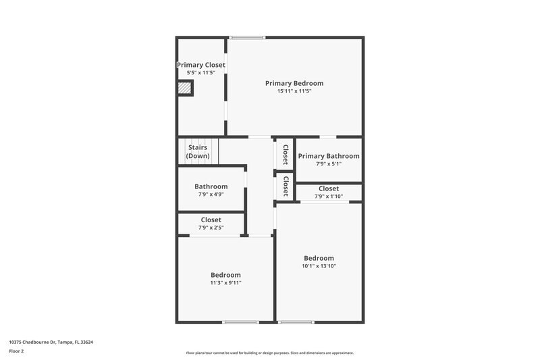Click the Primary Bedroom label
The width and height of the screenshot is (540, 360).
pos(294,83)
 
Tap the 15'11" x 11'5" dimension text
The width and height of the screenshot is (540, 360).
pos(294,91)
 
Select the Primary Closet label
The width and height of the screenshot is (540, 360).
pos(201,65)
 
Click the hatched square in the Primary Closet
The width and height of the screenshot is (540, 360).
pos(184,88)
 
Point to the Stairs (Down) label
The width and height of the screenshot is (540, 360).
pos(198,151)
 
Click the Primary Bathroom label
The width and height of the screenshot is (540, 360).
pos(329,156)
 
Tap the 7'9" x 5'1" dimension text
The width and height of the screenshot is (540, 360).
pos(329,163)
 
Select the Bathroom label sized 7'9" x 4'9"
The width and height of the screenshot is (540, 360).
pos(211,186)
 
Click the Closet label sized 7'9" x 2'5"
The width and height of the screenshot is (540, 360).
pos(211,220)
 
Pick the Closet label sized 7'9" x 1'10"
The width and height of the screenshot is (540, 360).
pos(329,188)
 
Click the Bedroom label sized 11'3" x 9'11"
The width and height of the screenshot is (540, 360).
pos(225,275)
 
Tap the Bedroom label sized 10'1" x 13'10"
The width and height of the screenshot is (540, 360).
pos(319,258)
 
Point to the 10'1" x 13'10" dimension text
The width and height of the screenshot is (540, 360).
pos(319,266)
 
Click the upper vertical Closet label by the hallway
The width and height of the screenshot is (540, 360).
pos(286,155)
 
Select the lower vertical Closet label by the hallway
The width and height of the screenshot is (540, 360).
pos(286,186)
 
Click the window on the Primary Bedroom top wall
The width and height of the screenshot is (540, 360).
pos(246,37)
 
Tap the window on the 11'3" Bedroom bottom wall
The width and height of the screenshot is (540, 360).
pos(241,322)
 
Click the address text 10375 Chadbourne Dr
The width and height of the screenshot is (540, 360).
pos(51,342)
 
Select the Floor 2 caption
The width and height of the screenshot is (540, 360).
pos(16,351)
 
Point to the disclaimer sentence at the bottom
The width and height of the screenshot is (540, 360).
pos(269,353)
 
